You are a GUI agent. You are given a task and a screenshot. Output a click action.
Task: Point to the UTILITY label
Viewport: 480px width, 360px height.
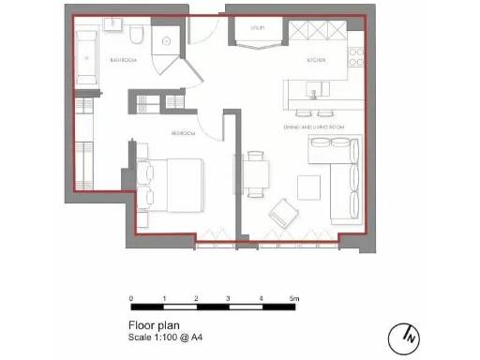pyautogui.click(x=257, y=28)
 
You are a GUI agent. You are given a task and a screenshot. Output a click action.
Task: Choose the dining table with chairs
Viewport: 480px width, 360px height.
pyautogui.click(x=256, y=175)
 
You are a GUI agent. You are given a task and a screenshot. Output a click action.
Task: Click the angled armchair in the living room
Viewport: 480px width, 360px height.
pyautogui.click(x=282, y=217)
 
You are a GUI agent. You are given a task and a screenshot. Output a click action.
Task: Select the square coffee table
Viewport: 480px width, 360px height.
pyautogui.click(x=308, y=187)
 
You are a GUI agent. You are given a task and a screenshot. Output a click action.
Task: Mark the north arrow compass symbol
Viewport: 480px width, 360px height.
pyautogui.click(x=407, y=335)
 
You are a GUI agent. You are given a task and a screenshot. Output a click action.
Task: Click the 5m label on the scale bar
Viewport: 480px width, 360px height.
pyautogui.click(x=293, y=297)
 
